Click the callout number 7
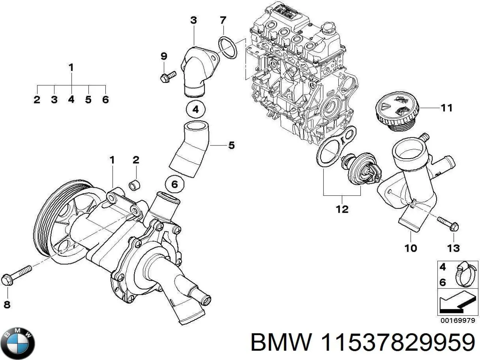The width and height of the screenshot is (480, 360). pyautogui.click(x=223, y=20)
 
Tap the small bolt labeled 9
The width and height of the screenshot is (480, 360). pyautogui.click(x=167, y=76)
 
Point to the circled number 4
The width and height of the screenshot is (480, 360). pyautogui.click(x=195, y=110)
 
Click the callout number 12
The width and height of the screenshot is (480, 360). pyautogui.click(x=342, y=209)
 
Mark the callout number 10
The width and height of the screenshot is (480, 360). pyautogui.click(x=411, y=248)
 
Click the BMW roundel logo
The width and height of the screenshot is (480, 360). pyautogui.click(x=18, y=343)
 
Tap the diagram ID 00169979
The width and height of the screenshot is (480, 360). pyautogui.click(x=458, y=321)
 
